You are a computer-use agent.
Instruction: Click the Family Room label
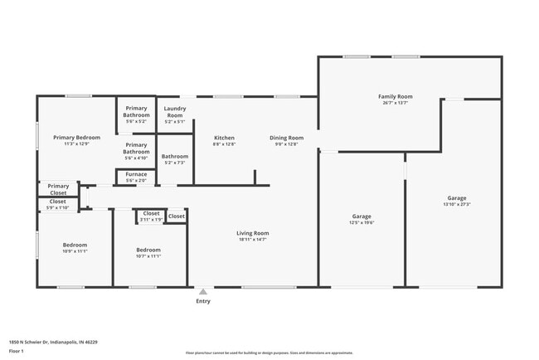[396, 97]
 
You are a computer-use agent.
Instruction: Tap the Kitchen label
[224, 138]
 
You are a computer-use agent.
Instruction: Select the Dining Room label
[286, 138]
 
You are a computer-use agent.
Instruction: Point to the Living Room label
[253, 233]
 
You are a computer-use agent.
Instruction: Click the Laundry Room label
[174, 111]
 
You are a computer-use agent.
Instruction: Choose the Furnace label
[136, 174]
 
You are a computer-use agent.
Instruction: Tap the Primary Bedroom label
[76, 138]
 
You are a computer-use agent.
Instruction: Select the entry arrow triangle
[202, 292]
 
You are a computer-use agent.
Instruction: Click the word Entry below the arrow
[202, 301]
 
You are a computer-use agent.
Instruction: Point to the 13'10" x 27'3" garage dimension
[456, 204]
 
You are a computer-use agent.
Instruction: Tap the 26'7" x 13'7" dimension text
[396, 104]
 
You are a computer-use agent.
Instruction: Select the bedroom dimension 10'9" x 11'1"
[75, 251]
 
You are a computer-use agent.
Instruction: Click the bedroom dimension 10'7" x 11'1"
[148, 256]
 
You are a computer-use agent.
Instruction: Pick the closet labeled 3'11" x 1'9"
[150, 220]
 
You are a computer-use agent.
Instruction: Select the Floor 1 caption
[17, 352]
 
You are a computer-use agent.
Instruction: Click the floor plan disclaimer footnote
[269, 353]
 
